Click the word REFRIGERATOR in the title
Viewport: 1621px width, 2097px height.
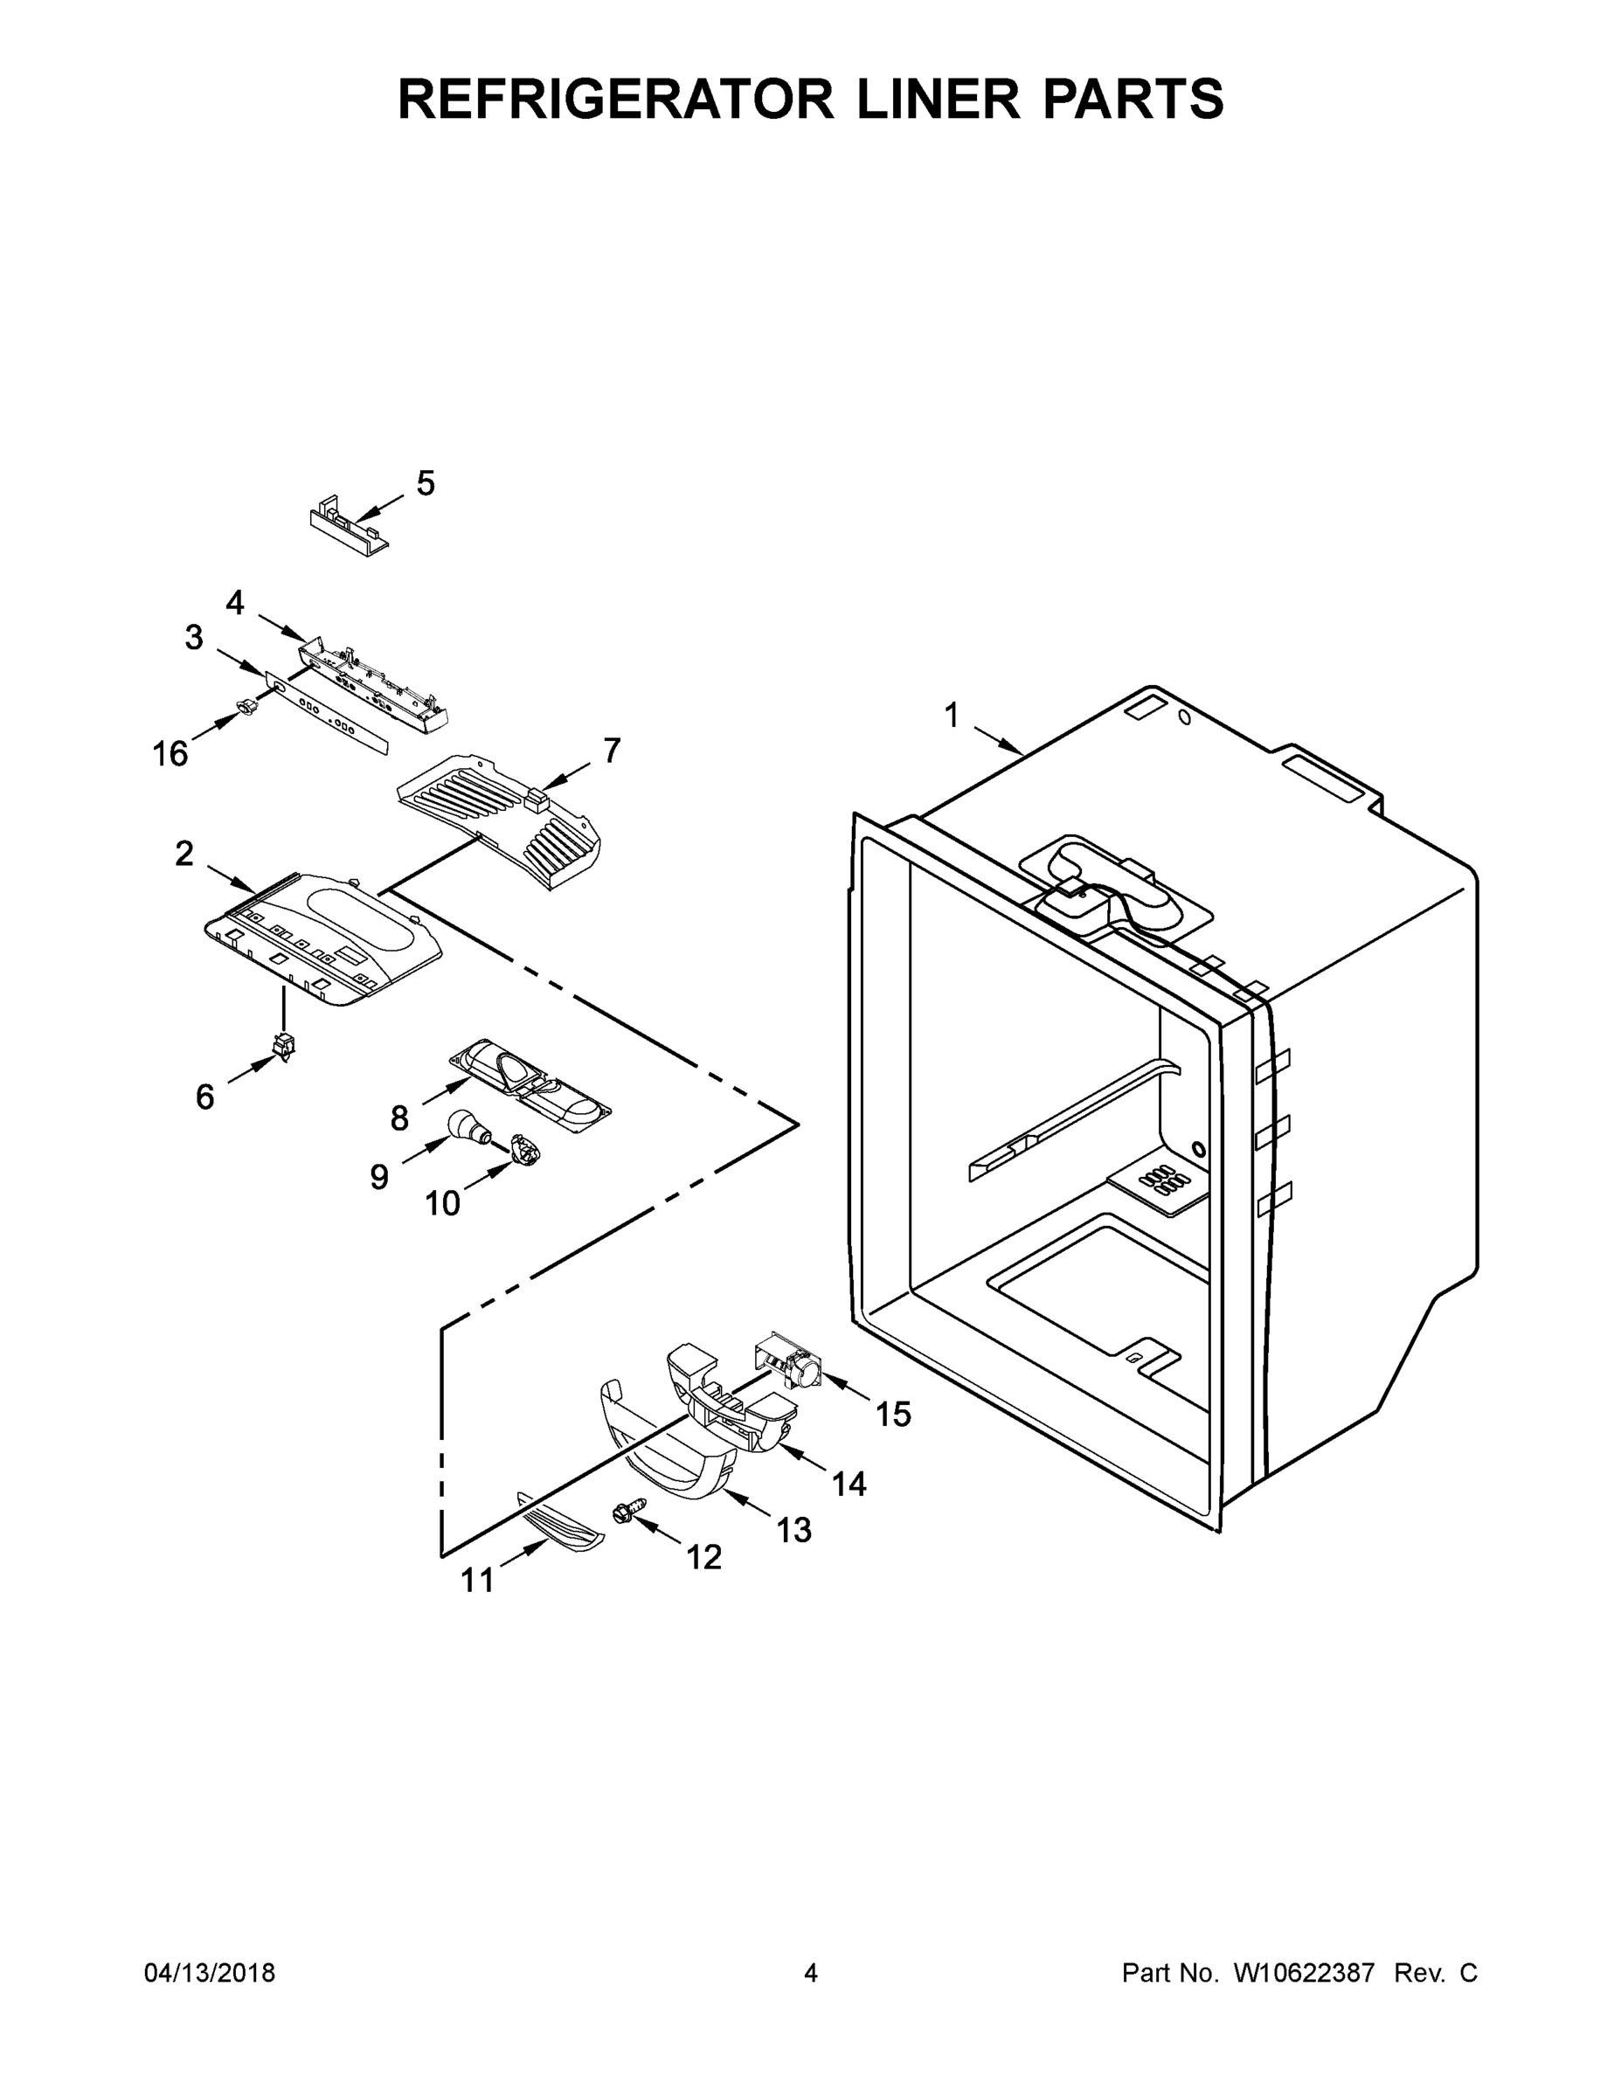615,99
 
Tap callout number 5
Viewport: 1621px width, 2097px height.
425,484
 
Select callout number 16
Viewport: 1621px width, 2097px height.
170,755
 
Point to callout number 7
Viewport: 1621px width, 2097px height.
612,750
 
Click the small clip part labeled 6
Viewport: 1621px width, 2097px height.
283,1045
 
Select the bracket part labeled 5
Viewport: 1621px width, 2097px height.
348,527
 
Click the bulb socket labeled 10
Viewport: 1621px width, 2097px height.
524,1148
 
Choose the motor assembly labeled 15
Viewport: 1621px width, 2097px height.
789,1363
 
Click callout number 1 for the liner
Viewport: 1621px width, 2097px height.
952,716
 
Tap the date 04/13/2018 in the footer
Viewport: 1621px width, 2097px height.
210,1973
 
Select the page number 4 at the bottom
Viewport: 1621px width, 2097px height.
811,1973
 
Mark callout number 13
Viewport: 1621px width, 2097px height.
794,1530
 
